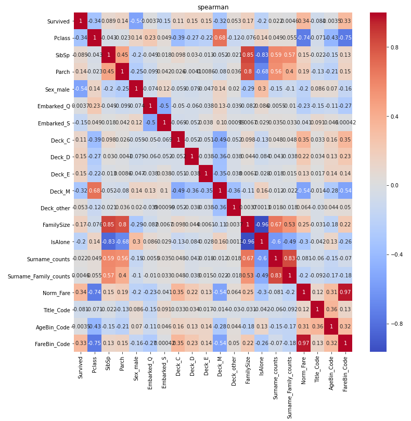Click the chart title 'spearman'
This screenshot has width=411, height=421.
pos(213,7)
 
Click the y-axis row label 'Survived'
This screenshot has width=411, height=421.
pos(58,21)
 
